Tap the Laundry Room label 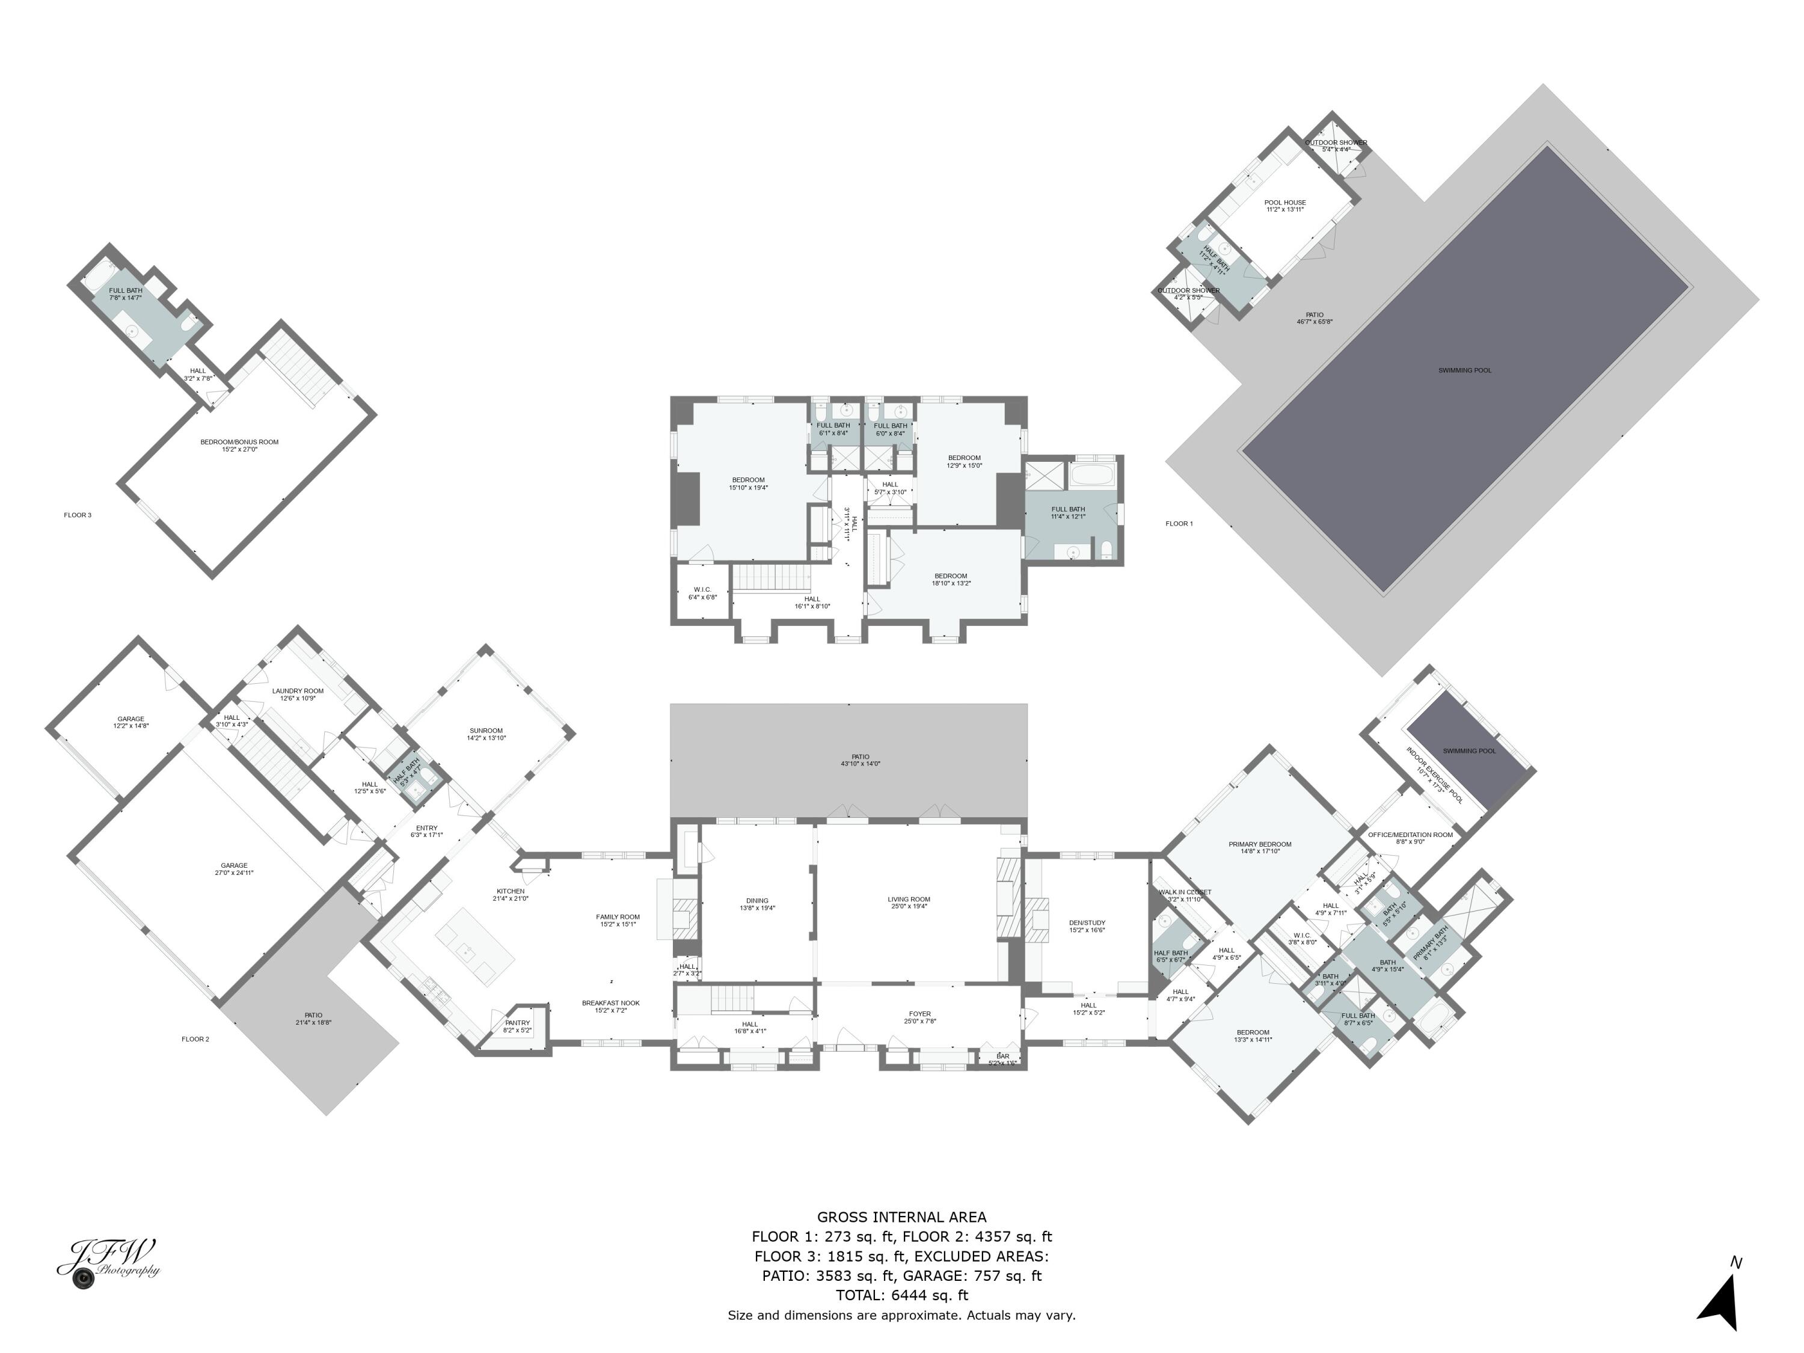[298, 694]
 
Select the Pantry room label [517, 1026]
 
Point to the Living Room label [909, 903]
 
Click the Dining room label [757, 904]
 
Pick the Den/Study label [1087, 925]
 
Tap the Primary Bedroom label [1259, 847]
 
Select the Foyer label [919, 1017]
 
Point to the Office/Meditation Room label [1410, 838]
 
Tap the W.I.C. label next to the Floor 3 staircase [702, 593]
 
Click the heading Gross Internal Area [901, 1217]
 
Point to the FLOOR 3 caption [78, 515]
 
